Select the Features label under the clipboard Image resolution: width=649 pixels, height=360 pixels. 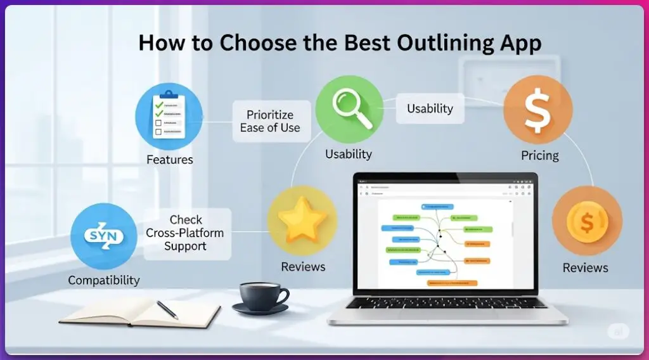coord(169,160)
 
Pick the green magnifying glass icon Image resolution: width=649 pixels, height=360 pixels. coord(349,108)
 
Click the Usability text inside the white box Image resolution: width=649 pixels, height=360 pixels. coord(430,108)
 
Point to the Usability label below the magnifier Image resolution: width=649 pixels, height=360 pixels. coord(349,154)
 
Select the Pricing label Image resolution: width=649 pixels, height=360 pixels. coord(539,155)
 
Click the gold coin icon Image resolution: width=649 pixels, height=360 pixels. coord(586,221)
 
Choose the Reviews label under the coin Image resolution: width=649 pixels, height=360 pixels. coord(585,267)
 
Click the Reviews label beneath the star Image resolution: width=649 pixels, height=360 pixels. coord(303,267)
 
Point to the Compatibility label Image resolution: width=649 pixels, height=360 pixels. coord(104,280)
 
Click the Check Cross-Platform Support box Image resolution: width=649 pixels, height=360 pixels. coord(185,233)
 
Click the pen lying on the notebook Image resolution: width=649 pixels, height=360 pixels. coord(167,309)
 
